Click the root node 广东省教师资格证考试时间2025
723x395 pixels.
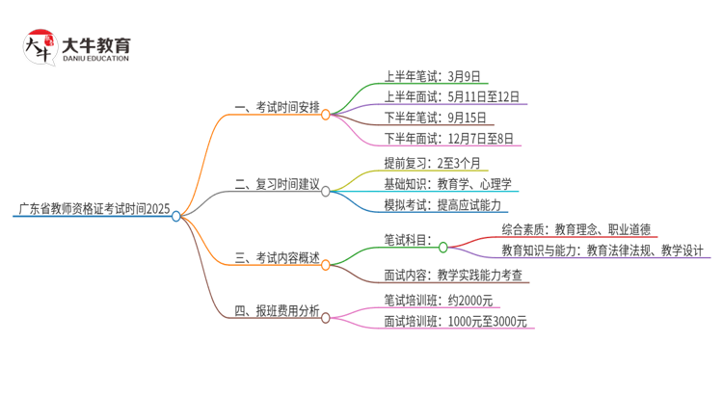click(x=94, y=208)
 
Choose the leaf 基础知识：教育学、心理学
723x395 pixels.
click(x=447, y=183)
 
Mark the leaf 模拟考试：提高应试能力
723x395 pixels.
click(x=444, y=204)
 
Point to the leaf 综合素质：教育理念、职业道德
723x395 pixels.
click(x=576, y=229)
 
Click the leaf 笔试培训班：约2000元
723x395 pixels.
click(x=438, y=299)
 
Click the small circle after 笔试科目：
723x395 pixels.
click(x=442, y=247)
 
